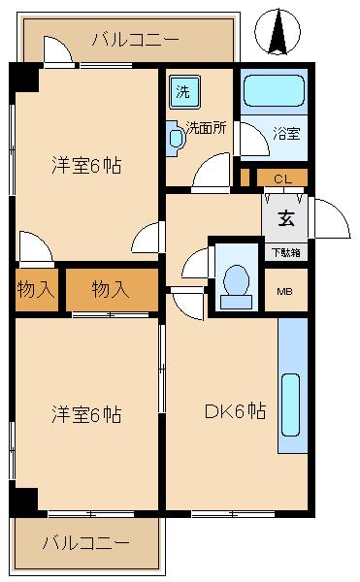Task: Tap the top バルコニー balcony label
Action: (x=135, y=40)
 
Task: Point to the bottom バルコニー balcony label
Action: (x=84, y=543)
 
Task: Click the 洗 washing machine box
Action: (x=183, y=92)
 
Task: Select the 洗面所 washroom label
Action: (x=207, y=126)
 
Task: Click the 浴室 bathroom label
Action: (x=286, y=133)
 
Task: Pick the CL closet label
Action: (x=282, y=178)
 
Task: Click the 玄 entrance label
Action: (x=286, y=217)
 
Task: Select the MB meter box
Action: (x=285, y=291)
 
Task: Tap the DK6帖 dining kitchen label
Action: (x=234, y=410)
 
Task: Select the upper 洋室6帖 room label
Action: (x=86, y=165)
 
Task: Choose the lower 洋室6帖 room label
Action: (x=86, y=415)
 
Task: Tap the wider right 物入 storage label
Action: (x=110, y=289)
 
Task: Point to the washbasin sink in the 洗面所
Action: (x=176, y=138)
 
